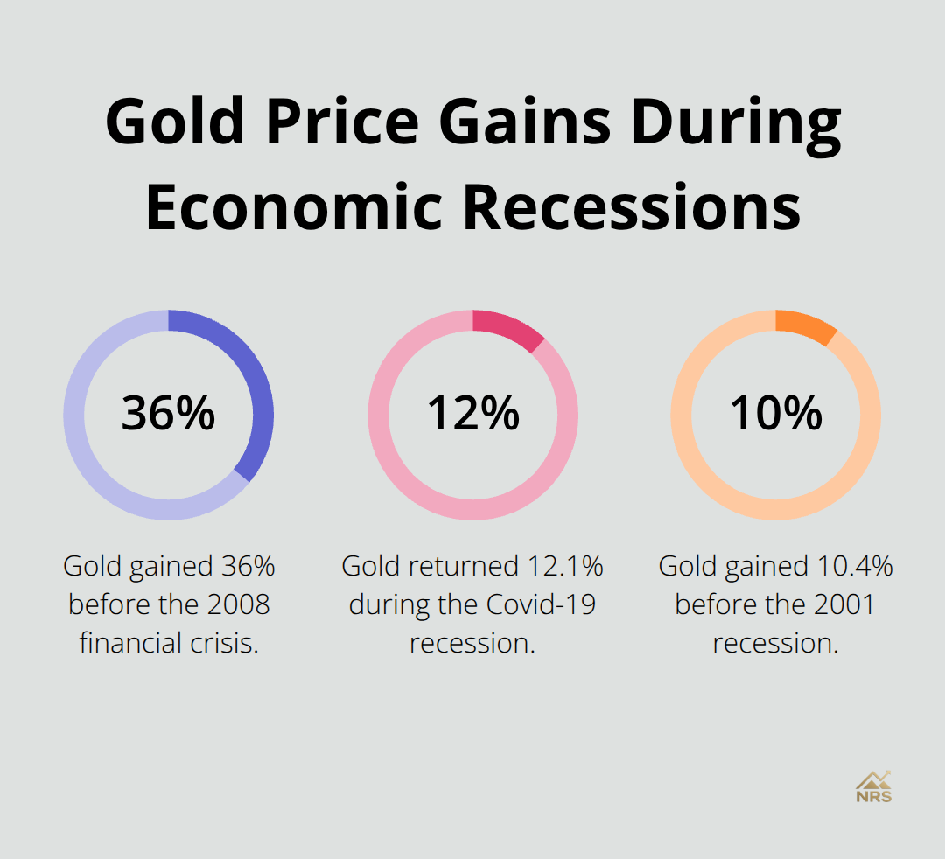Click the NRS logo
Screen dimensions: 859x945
tap(873, 787)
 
